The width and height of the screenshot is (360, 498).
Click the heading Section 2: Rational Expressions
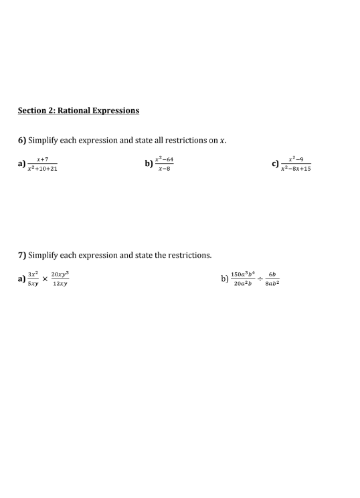[x=78, y=110]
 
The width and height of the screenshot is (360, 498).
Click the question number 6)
[x=22, y=140]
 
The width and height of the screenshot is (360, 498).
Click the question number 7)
[x=22, y=255]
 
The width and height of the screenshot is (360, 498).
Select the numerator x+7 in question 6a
[x=42, y=159]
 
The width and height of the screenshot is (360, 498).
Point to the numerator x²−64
[x=164, y=159]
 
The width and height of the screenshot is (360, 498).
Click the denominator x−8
[x=164, y=168]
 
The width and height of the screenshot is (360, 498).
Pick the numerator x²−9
[x=296, y=159]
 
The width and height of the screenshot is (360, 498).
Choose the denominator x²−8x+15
[x=296, y=169]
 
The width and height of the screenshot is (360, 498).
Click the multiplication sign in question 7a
[x=45, y=279]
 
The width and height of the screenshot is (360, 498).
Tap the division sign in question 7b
[x=261, y=279]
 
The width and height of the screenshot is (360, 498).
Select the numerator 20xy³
[x=60, y=274]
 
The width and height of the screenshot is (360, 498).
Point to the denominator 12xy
[x=60, y=284]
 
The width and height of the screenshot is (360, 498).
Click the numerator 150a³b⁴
[x=242, y=274]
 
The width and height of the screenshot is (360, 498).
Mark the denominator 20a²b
[x=242, y=284]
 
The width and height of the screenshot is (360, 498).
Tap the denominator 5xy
[x=33, y=284]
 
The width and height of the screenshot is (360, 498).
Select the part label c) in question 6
[x=275, y=163]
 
